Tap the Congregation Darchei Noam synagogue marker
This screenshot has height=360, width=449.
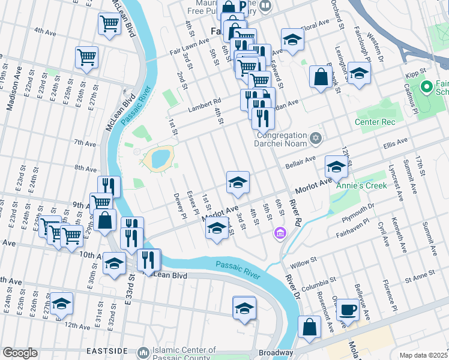[316, 139]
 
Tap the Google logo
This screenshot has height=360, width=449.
[20, 353]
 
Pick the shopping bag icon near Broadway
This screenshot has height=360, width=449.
[309, 327]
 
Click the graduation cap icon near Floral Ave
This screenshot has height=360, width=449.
[292, 40]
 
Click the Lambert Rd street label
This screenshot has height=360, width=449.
[204, 102]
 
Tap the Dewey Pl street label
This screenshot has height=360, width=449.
[178, 206]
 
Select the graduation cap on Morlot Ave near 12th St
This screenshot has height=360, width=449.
[336, 167]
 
